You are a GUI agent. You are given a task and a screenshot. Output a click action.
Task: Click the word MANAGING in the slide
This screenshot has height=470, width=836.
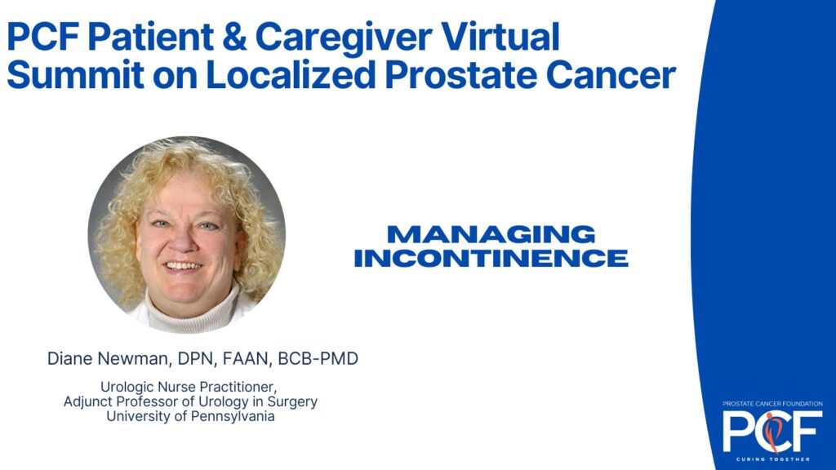(x=491, y=235)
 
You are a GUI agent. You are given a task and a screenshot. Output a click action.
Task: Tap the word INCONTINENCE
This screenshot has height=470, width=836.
(x=491, y=259)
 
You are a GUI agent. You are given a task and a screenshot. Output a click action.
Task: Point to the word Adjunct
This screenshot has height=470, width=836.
(x=89, y=402)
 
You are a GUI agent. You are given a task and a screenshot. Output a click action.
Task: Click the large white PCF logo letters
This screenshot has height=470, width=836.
(x=772, y=431)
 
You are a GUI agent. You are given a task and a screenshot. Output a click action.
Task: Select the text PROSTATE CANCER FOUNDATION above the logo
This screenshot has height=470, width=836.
(x=772, y=403)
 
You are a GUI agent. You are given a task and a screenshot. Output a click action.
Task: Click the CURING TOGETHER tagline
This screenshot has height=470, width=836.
(x=772, y=459)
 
